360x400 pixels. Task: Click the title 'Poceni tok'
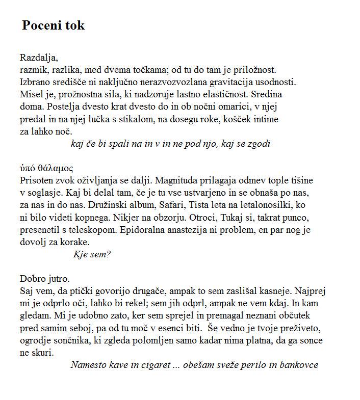(x=53, y=25)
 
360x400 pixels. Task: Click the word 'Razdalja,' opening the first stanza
(x=39, y=57)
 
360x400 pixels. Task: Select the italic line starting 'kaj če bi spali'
(x=170, y=144)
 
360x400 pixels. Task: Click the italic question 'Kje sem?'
(x=92, y=254)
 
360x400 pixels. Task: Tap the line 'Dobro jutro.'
(x=45, y=279)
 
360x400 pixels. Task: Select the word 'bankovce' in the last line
(x=298, y=365)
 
